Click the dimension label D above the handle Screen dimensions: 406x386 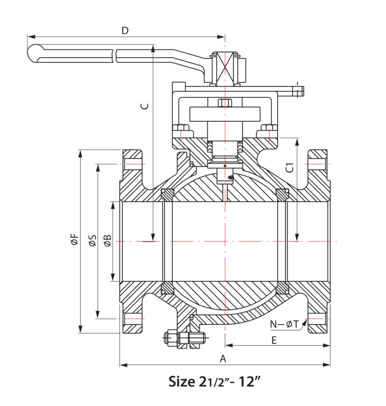coord(125,31)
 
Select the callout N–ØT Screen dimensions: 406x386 coord(284,324)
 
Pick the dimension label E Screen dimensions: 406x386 coord(274,340)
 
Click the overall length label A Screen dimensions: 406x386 coord(223,359)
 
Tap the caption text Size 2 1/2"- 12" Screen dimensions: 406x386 coord(214,382)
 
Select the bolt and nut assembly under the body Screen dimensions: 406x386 coord(183,338)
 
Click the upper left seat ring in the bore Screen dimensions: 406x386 coord(167,194)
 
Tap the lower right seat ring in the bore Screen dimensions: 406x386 coord(282,288)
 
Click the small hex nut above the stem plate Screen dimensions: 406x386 coord(225,103)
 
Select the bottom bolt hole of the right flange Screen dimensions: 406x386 coord(318,318)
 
